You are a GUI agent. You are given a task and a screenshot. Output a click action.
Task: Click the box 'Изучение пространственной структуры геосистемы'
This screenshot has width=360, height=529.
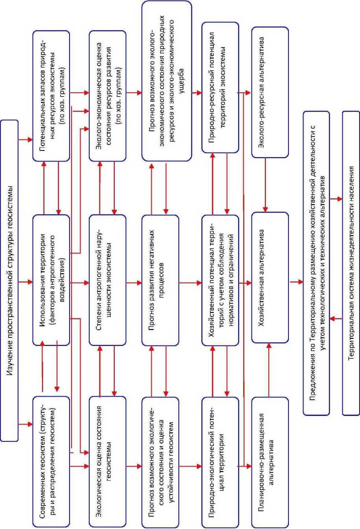click(9, 280)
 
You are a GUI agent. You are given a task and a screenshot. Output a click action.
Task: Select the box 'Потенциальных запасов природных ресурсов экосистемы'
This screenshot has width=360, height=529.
click(51, 96)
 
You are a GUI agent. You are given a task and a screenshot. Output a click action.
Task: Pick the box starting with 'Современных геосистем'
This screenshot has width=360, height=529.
click(51, 461)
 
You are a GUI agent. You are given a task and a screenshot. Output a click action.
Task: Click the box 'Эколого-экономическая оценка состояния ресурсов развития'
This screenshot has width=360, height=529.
click(108, 96)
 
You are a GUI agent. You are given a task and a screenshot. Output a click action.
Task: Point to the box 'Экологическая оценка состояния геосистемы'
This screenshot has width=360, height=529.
click(108, 461)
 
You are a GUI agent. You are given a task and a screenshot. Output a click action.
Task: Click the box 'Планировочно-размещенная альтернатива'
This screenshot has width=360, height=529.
click(270, 461)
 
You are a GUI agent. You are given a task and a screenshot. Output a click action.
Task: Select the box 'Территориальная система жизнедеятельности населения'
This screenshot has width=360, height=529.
click(351, 263)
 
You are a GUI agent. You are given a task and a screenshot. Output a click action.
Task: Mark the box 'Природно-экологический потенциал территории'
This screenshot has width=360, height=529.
click(220, 461)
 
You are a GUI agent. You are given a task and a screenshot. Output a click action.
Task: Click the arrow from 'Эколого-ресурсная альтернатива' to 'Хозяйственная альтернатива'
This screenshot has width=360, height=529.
click(266, 185)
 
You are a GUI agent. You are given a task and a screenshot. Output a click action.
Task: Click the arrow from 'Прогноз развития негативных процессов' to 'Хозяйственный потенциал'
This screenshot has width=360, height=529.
click(190, 282)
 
